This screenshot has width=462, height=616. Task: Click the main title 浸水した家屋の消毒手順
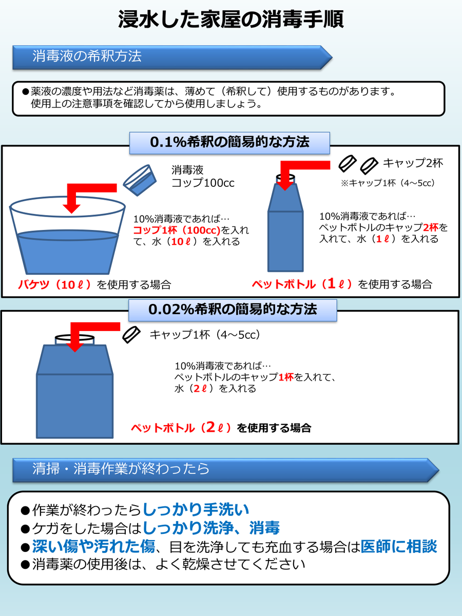[x=231, y=20]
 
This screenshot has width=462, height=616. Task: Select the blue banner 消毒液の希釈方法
[x=172, y=57]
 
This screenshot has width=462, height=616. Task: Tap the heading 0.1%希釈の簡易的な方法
[x=229, y=142]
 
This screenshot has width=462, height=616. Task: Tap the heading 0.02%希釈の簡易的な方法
[x=233, y=310]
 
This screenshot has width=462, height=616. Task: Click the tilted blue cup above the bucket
[x=140, y=180]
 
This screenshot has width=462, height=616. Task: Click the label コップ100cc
[x=203, y=183]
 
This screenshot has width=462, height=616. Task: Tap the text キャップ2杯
[x=413, y=163]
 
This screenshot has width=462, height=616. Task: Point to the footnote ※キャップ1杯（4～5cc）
[x=388, y=183]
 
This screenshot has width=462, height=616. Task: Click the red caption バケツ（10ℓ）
[x=55, y=284]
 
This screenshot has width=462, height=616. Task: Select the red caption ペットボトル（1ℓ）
[x=302, y=284]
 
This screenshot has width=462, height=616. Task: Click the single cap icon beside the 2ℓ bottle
[x=131, y=335]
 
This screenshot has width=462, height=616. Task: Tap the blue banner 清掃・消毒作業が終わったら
[x=225, y=470]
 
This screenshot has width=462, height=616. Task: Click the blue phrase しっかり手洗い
[x=196, y=509]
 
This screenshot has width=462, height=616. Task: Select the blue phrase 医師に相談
[x=399, y=546]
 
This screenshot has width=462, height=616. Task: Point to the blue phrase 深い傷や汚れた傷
[x=93, y=546]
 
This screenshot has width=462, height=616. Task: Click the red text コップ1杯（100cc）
[x=177, y=230]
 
